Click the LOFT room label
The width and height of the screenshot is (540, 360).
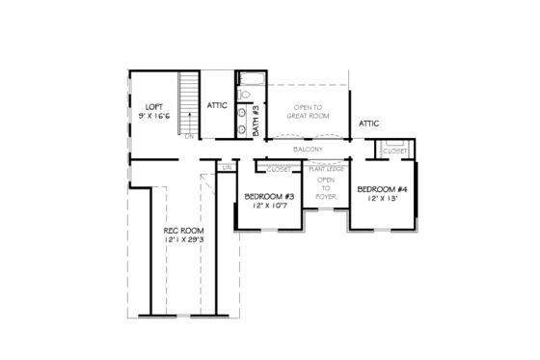[x=155, y=106]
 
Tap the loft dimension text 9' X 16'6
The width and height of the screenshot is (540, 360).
[x=155, y=116]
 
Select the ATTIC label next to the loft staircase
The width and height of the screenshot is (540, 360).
[x=217, y=105]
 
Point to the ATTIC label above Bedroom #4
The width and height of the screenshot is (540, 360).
[x=368, y=124]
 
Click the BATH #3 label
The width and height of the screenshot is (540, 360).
[x=256, y=119]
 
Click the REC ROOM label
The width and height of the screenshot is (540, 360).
[x=180, y=231]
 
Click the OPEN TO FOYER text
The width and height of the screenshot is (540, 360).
[x=326, y=186]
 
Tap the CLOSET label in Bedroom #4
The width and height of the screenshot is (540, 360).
[x=395, y=152]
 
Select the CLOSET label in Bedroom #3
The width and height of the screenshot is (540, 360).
[x=279, y=168]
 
